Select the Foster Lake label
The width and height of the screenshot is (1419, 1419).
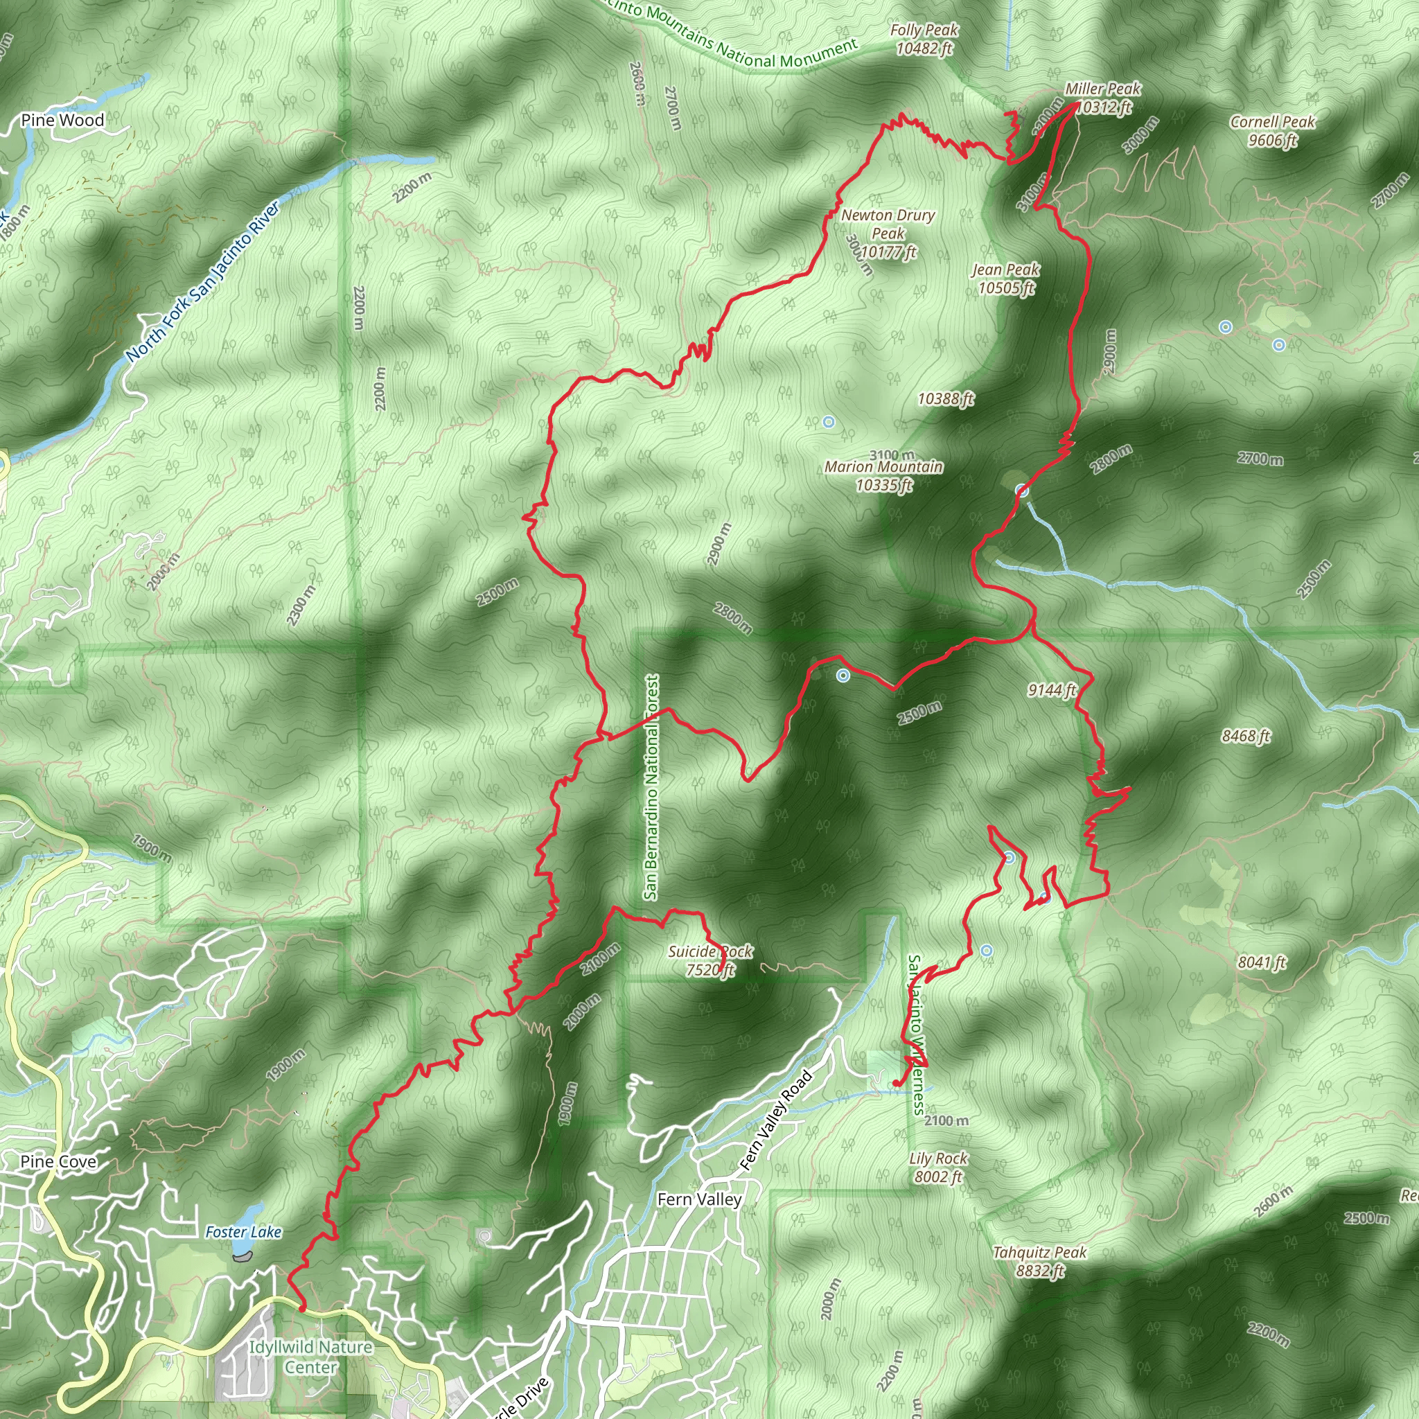pos(243,1232)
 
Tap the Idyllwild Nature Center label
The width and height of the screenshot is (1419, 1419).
pos(310,1357)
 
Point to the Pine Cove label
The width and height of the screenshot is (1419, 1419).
pos(58,1161)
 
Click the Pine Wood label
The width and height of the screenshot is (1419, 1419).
pos(62,120)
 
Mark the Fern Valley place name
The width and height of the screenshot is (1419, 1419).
pos(699,1199)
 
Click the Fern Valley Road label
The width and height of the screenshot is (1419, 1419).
pos(775,1120)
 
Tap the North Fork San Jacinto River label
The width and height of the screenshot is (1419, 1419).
pos(203,281)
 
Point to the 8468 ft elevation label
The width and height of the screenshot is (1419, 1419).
pos(1246,735)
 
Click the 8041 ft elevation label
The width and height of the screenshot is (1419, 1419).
pos(1262,962)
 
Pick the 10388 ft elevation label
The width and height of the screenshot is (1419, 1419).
pos(946,398)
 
